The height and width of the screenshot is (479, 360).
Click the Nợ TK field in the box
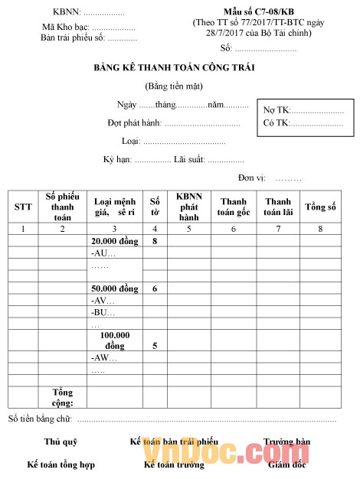(303, 110)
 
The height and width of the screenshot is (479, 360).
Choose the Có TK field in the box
(303, 122)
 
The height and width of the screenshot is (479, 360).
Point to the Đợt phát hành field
(174, 122)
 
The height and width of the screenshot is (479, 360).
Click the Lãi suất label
(191, 159)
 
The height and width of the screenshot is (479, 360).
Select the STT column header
(23, 207)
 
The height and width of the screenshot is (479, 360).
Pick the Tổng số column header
(321, 207)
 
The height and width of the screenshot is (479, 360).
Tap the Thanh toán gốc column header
(234, 207)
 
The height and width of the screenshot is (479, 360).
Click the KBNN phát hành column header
(188, 206)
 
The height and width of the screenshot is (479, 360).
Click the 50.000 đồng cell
(113, 288)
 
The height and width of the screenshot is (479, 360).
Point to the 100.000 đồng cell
(114, 341)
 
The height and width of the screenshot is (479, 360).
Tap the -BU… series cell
(103, 312)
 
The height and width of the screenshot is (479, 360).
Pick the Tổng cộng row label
(62, 397)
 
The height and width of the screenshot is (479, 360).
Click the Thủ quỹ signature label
(61, 442)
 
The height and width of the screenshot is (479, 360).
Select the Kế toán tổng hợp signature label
(61, 464)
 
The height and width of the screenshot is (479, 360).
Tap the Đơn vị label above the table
(251, 178)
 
